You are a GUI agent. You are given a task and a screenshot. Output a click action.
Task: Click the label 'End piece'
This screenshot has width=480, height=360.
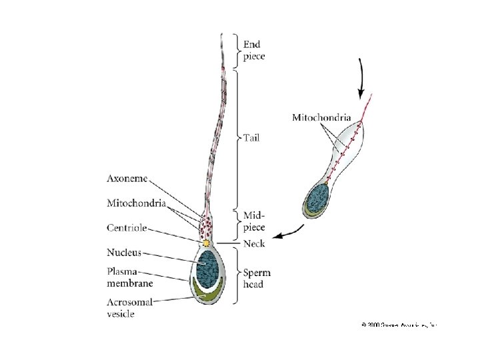coord(254,51)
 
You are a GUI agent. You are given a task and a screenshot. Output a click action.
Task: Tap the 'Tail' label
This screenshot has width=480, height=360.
coord(251,138)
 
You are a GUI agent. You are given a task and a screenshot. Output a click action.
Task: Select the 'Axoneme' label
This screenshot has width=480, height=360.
coord(127,179)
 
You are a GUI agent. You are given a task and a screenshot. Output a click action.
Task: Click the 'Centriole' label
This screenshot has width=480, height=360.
coord(127,227)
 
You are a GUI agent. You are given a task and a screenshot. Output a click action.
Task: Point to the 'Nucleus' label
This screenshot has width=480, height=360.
coord(124,252)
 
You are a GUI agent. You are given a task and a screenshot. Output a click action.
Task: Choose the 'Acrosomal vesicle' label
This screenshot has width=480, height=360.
coord(130,308)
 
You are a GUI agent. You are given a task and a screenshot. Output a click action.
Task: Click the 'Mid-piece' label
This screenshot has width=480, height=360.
coord(254,221)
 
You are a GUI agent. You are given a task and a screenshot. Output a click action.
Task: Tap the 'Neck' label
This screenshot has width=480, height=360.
coord(254,244)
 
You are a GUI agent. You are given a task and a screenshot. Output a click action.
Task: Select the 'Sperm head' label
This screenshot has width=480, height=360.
coord(257,279)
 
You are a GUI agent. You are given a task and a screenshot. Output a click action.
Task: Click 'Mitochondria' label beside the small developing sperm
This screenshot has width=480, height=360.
coord(321,117)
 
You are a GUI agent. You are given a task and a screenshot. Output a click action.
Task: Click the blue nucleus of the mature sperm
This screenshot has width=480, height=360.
coord(209,266)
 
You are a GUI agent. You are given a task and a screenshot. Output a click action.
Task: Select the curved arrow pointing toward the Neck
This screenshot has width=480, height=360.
coord(291,232)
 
